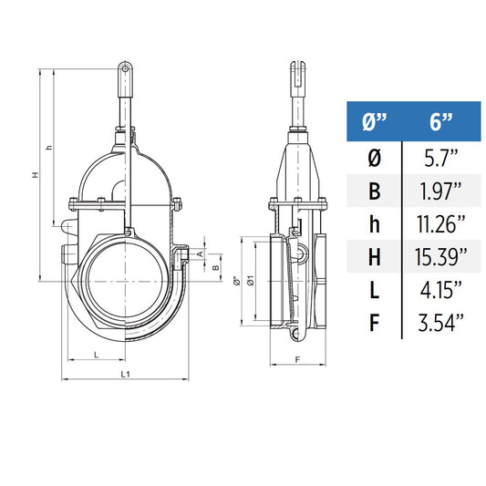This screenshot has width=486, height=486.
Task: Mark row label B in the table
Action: (x=374, y=191)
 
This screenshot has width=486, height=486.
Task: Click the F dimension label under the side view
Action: (x=298, y=358)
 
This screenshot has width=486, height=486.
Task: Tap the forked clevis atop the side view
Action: (x=297, y=68)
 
